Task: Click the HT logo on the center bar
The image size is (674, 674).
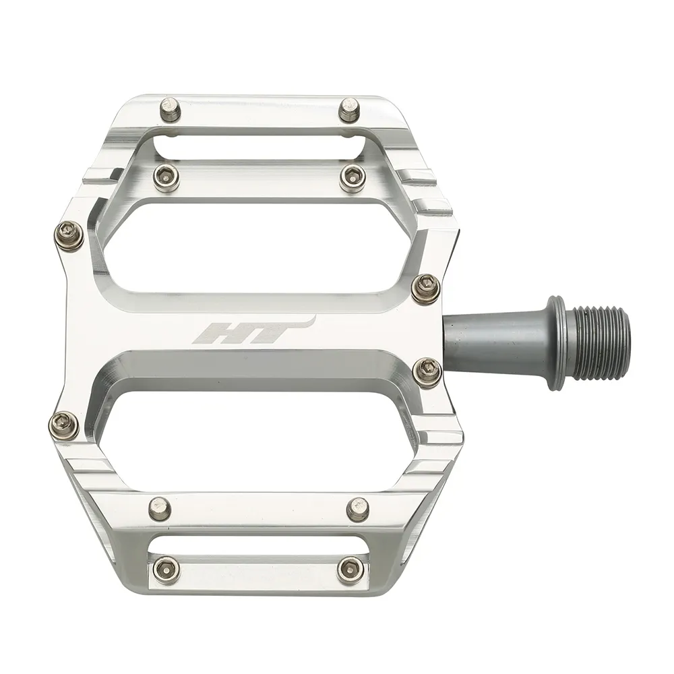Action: point(253,331)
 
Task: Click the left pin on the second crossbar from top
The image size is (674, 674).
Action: point(162,176)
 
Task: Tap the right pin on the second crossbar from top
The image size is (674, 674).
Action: point(351,177)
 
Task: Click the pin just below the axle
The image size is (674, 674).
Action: point(427,372)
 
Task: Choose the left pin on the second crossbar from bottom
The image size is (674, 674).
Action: point(160,506)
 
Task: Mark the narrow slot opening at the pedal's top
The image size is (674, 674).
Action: point(256,144)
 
